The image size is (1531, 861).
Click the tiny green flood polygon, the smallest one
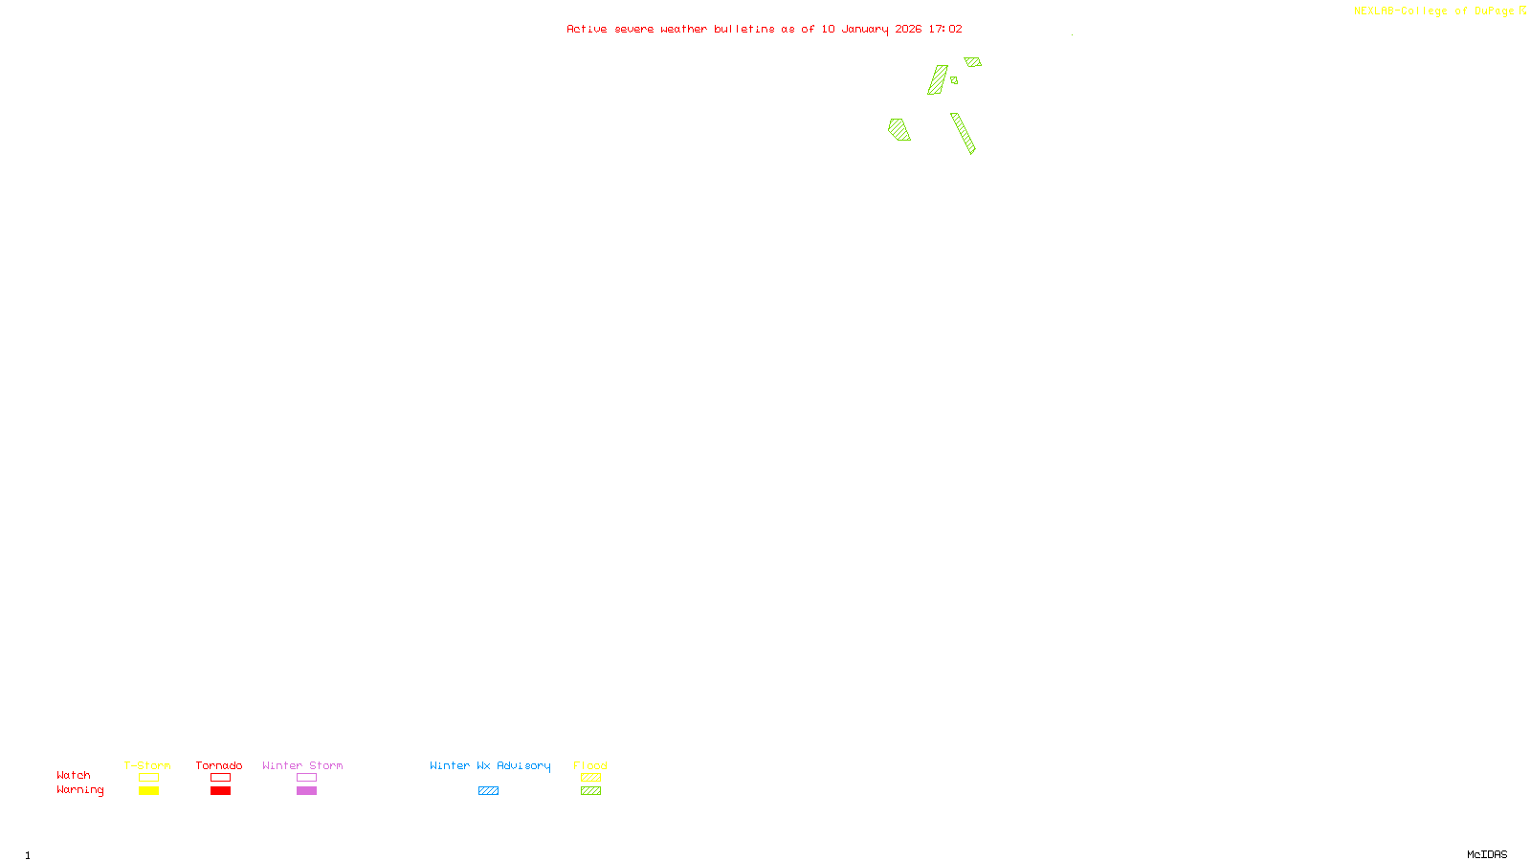954,80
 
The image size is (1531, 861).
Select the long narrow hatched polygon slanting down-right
963,133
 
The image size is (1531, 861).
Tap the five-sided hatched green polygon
899,129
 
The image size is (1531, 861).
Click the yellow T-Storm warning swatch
148,791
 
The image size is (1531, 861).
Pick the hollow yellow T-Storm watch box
148,778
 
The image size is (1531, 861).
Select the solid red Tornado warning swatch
220,791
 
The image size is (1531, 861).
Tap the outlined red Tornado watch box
220,778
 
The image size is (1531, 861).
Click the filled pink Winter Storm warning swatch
306,791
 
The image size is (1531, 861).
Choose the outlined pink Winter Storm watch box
306,778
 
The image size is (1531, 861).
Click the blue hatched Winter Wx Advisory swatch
488,791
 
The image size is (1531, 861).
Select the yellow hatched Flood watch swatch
590,778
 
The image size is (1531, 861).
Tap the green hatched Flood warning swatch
590,791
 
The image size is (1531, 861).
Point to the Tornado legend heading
219,765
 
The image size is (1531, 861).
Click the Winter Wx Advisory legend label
490,765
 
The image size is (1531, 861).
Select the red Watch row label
74,775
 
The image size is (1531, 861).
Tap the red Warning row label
79,790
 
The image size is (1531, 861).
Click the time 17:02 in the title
944,29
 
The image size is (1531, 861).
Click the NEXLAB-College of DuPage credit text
1433,11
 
